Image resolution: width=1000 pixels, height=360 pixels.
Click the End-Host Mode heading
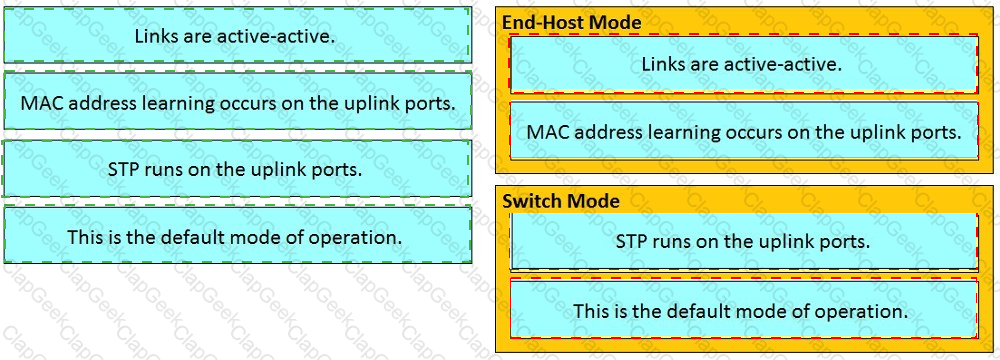571,22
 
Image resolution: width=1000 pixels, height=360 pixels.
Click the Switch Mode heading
561,201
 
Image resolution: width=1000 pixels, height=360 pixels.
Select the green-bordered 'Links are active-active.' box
237,35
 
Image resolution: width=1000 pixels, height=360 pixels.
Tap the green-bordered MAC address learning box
237,101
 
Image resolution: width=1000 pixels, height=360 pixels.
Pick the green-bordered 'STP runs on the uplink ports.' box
237,170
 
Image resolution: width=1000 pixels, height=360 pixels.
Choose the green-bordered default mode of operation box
237,237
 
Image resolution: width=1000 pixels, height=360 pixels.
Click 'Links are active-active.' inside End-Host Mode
744,64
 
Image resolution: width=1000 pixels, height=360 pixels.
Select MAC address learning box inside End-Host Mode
744,131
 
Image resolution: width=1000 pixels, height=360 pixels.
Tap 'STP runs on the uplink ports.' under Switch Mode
744,242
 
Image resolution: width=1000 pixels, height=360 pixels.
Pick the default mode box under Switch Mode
744,311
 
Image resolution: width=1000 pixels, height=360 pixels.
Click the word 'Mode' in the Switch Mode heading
596,201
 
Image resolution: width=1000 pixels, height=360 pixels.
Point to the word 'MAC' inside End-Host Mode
546,132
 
